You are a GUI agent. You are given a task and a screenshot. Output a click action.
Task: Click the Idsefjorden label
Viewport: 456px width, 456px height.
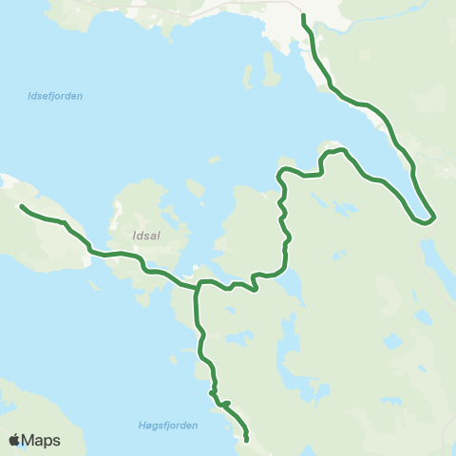tap(55, 96)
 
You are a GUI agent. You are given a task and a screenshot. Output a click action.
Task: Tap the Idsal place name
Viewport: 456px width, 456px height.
tap(148, 231)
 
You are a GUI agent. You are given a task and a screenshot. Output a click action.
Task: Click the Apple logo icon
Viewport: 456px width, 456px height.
tap(15, 440)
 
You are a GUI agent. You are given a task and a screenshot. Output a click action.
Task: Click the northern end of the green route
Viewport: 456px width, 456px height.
tap(303, 17)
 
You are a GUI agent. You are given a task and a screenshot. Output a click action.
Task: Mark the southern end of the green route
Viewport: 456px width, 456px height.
tap(247, 439)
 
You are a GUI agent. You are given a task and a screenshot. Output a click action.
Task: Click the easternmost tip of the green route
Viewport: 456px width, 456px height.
tap(434, 218)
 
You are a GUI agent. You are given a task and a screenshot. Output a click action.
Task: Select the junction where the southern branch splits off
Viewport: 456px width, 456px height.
tap(198, 285)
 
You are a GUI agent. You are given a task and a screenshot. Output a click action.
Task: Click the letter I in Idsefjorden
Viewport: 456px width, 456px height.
tap(30, 96)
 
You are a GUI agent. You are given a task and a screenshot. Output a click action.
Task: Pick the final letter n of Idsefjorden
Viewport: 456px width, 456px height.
tap(81, 96)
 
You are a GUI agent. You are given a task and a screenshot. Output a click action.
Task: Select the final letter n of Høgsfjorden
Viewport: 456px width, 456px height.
tap(196, 426)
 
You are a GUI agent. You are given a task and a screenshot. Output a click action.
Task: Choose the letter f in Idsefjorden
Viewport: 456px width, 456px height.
tap(56, 96)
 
